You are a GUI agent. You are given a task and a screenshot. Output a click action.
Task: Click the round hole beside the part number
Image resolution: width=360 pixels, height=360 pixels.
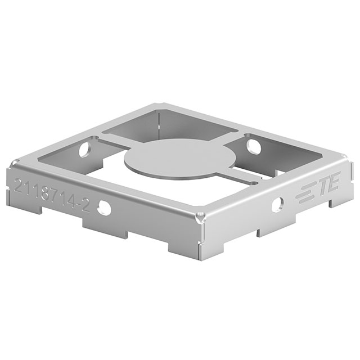[x=104, y=208]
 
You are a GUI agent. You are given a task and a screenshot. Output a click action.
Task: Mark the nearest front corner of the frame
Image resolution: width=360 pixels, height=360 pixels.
[x=201, y=218]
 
